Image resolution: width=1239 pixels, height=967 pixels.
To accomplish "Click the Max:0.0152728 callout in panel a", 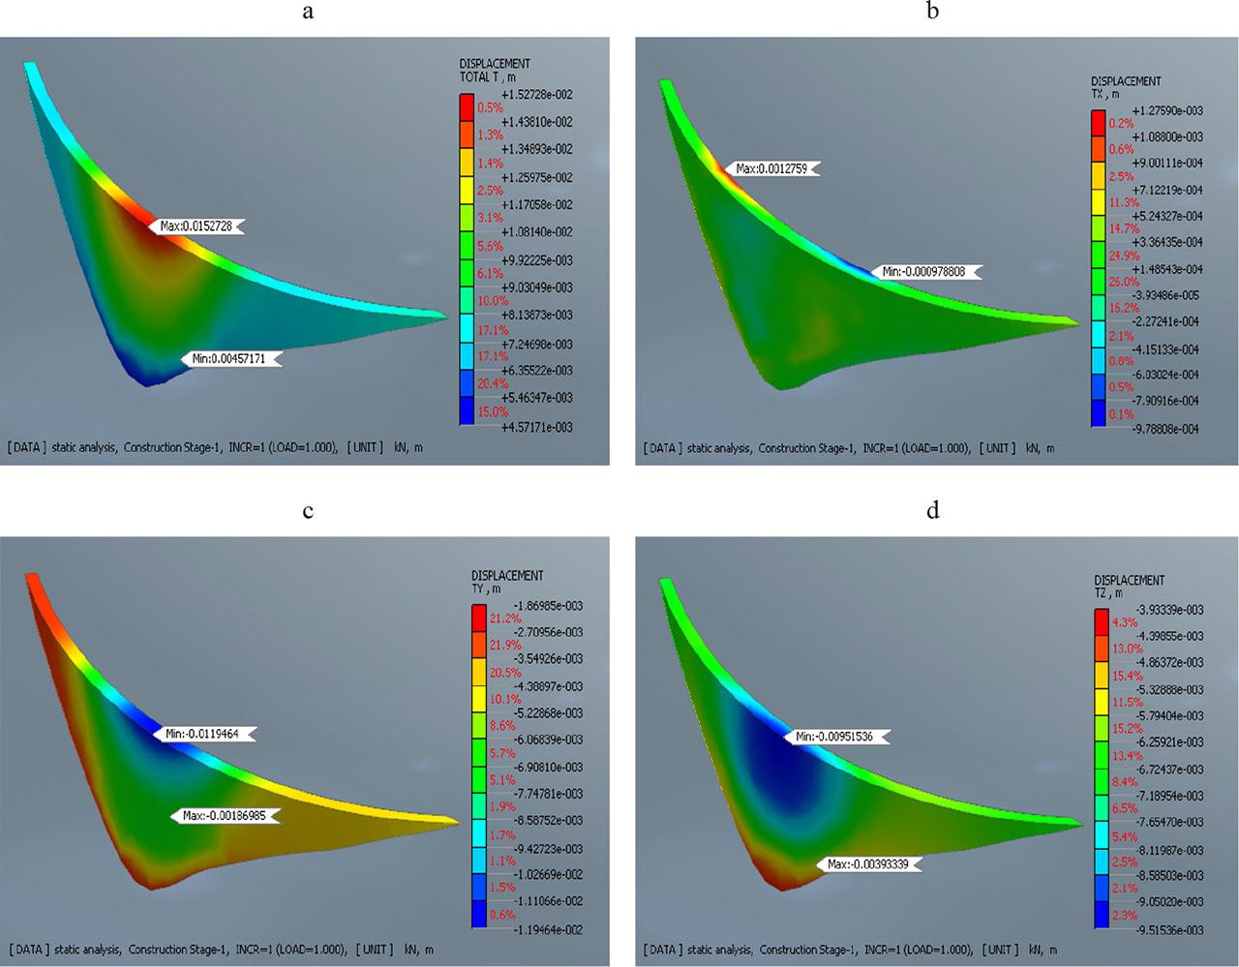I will [x=198, y=226].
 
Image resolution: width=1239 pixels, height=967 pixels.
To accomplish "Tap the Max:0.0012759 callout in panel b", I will [x=771, y=168].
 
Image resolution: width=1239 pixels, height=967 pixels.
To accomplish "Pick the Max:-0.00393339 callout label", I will [x=868, y=863].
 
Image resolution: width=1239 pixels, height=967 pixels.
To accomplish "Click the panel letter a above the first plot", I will [x=308, y=12].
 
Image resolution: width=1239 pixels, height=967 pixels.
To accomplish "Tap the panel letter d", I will [x=932, y=510].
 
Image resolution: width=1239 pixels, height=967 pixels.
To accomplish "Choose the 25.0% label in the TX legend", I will [x=1123, y=282].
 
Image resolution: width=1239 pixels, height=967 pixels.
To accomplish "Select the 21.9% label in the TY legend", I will [x=505, y=645].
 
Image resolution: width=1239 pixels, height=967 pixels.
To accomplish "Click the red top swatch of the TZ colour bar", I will [x=1101, y=620].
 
